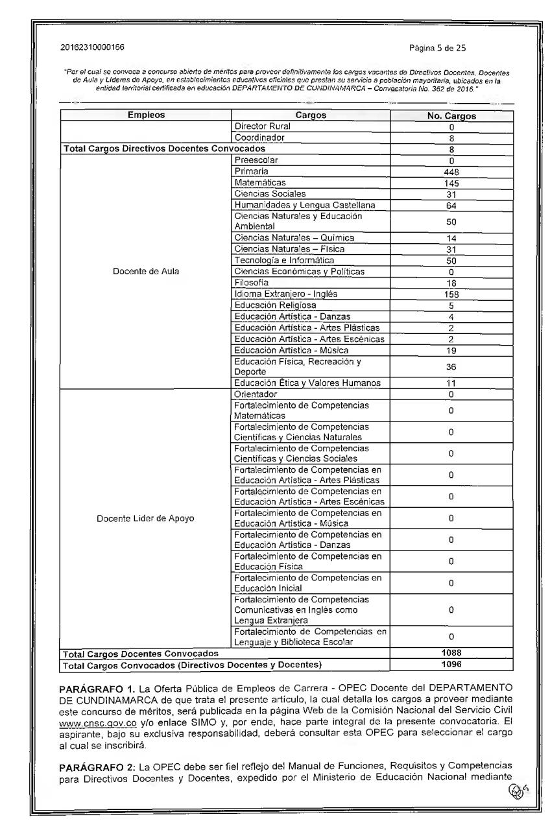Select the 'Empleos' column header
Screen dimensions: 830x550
(146, 116)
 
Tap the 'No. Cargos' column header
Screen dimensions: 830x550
(451, 117)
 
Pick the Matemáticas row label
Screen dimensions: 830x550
(259, 183)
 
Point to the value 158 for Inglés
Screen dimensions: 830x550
(451, 294)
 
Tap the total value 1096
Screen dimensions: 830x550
(451, 665)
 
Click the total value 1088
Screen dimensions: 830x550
(451, 654)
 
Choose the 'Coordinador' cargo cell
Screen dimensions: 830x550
(259, 138)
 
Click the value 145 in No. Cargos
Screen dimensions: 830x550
(451, 184)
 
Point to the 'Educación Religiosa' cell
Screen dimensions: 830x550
(275, 305)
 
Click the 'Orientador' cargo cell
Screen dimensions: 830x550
(256, 394)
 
